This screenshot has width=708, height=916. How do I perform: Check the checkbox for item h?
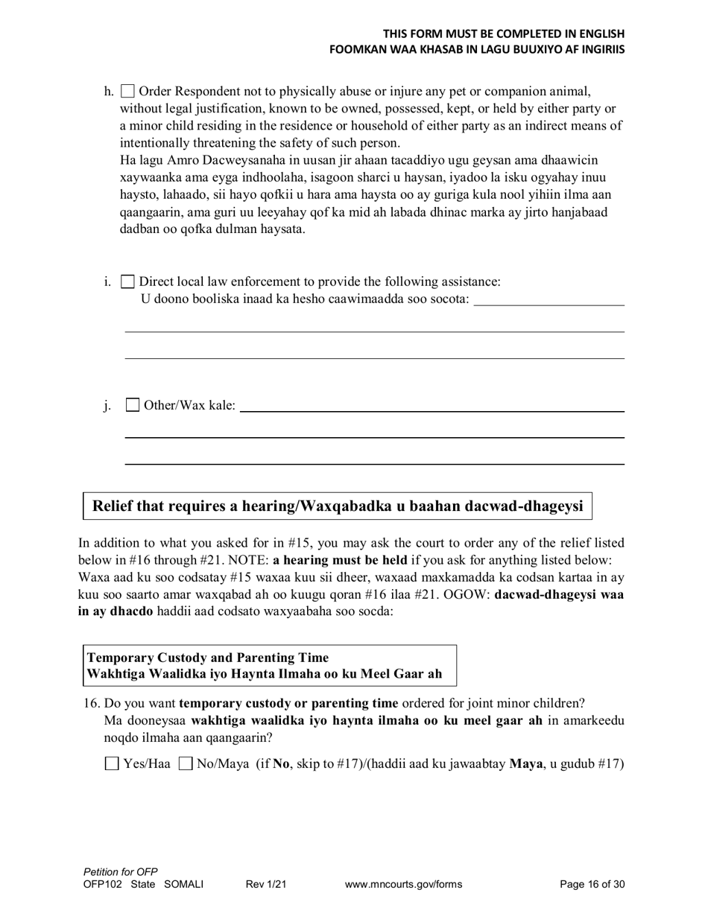click(x=127, y=92)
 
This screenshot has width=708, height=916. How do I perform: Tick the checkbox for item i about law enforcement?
click(x=127, y=282)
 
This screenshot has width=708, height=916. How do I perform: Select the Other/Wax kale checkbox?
click(x=133, y=405)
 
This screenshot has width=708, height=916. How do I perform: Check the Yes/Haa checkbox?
click(x=112, y=763)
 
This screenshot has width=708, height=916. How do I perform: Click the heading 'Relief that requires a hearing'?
click(x=337, y=506)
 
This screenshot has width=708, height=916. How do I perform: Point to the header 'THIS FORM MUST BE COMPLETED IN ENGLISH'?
click(x=504, y=34)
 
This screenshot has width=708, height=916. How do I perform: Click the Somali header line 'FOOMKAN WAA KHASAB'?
click(x=477, y=49)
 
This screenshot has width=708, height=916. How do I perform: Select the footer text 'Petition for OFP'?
click(x=121, y=872)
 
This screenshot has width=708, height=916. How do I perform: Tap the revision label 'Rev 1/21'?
click(x=266, y=885)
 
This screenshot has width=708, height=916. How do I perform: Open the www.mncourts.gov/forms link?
click(x=403, y=885)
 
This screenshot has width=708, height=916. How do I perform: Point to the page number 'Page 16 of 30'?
click(x=592, y=885)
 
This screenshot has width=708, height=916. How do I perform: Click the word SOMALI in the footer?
click(x=183, y=885)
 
